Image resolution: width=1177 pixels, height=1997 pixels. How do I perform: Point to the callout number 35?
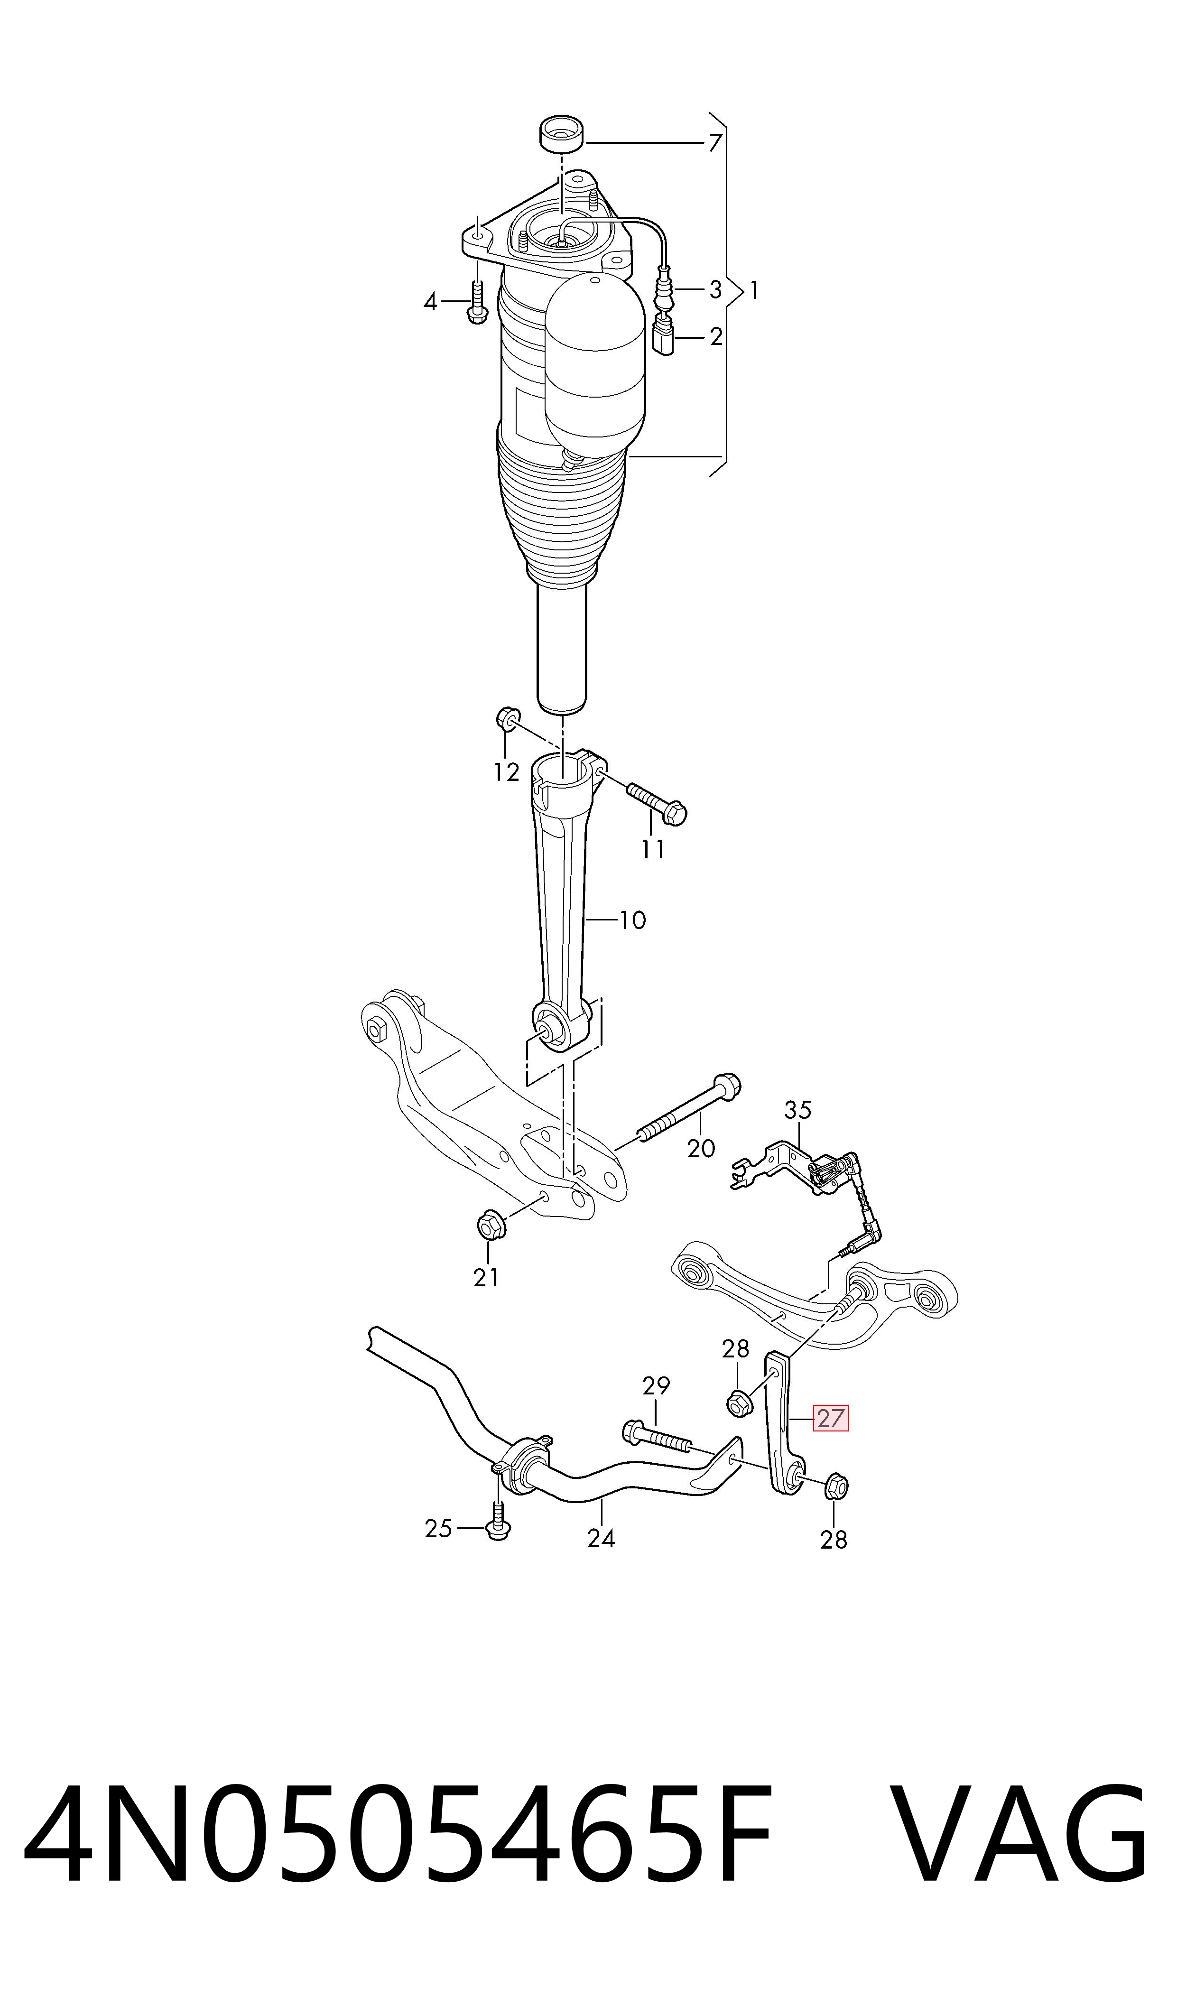(x=798, y=1110)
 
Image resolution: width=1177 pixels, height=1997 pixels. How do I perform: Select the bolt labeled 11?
(x=657, y=803)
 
